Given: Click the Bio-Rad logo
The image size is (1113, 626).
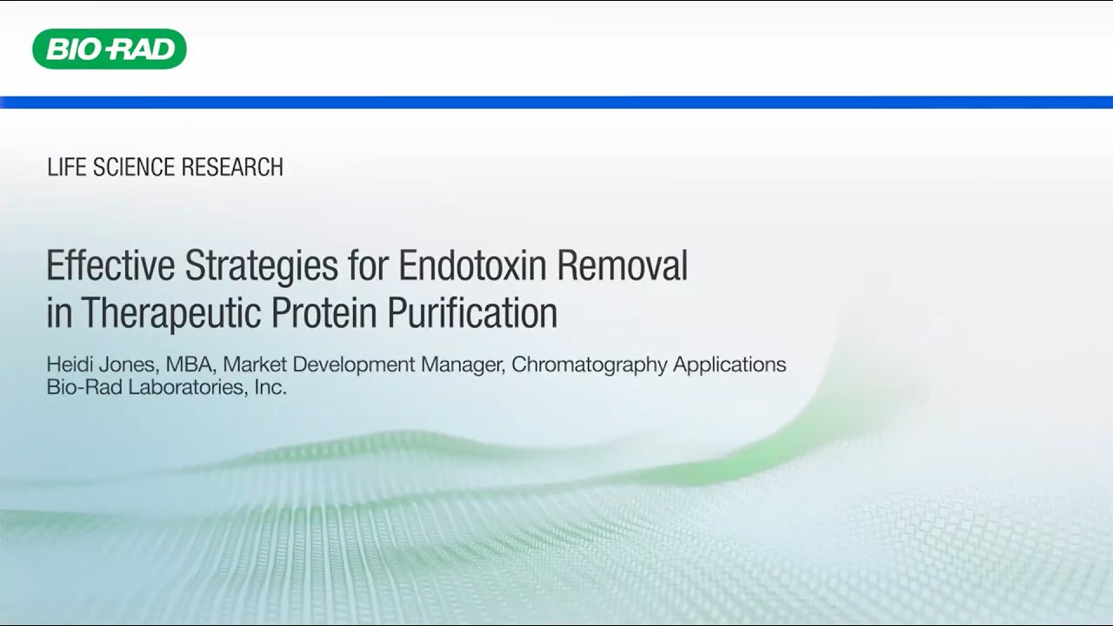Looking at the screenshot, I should click(x=110, y=49).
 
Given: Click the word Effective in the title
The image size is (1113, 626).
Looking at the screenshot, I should click(x=110, y=266).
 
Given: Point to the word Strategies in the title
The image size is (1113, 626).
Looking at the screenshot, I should click(x=261, y=266).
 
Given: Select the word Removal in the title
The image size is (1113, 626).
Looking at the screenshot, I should click(x=623, y=266).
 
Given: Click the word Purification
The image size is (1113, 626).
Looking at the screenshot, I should click(x=472, y=313).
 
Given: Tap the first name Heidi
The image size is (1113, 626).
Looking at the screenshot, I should click(x=70, y=364).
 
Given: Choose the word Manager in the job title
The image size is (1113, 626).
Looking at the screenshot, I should click(x=462, y=364).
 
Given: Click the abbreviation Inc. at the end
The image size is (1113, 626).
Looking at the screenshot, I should click(x=270, y=387).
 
